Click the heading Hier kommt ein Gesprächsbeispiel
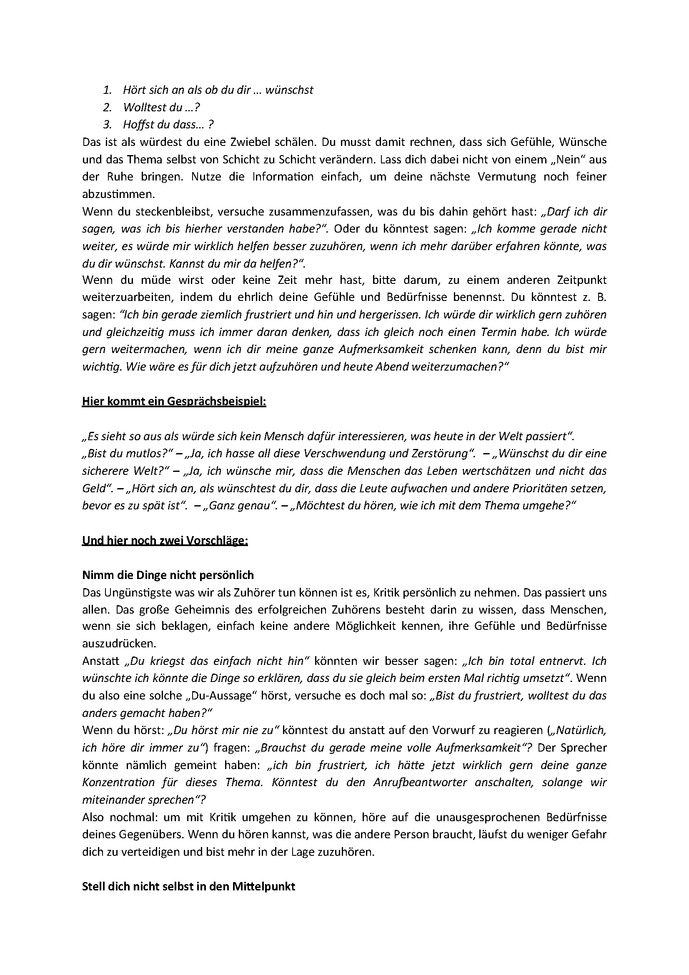tap(174, 401)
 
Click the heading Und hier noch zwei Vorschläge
tap(165, 541)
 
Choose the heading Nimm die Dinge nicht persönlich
tap(168, 575)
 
